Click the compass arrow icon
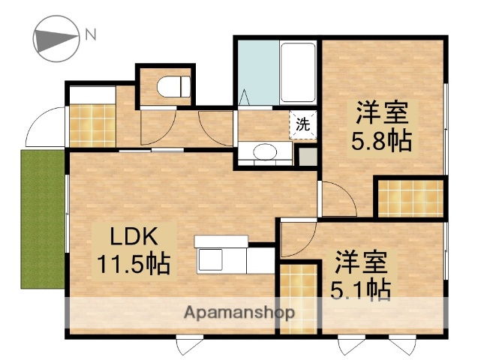(x=56, y=38)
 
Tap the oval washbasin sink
(x=264, y=153)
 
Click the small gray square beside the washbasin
(x=306, y=156)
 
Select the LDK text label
(x=134, y=237)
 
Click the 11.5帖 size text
(x=133, y=263)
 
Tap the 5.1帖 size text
(x=360, y=288)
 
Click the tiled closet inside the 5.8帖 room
(x=409, y=198)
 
